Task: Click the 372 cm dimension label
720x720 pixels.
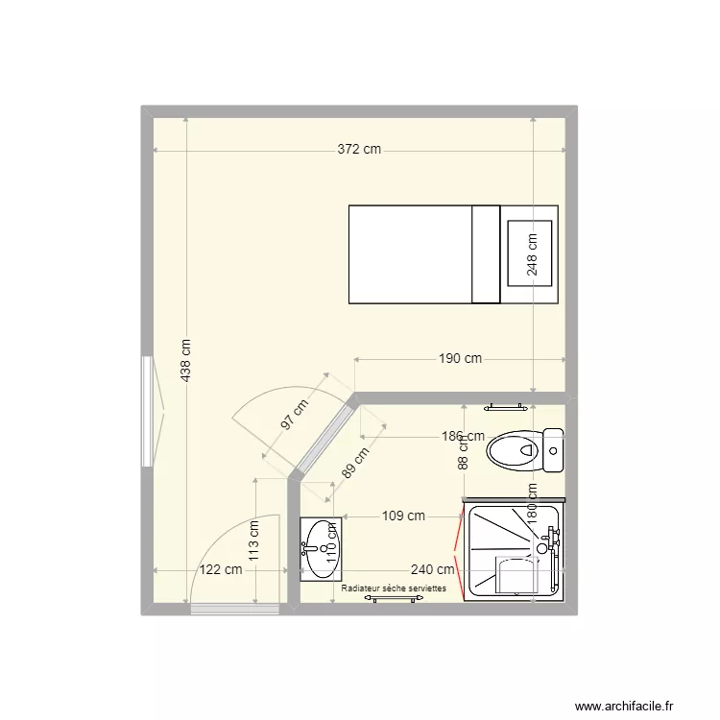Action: pos(359,149)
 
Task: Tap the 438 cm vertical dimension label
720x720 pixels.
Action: pos(185,360)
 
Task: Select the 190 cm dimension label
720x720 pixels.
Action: pos(460,358)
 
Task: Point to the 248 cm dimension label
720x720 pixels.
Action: pos(533,256)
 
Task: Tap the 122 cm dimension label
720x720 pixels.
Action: pos(221,569)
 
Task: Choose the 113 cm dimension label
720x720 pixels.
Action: pos(254,540)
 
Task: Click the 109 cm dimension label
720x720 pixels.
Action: pos(403,516)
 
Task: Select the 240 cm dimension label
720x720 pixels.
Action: pos(432,569)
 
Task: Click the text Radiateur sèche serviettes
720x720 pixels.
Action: pos(394,588)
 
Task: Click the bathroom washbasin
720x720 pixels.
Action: pos(317,549)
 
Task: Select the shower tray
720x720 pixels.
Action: pos(514,552)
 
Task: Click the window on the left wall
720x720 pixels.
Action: pos(148,412)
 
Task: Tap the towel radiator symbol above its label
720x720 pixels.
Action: pos(394,598)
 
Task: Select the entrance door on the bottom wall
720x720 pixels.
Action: pos(227,609)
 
